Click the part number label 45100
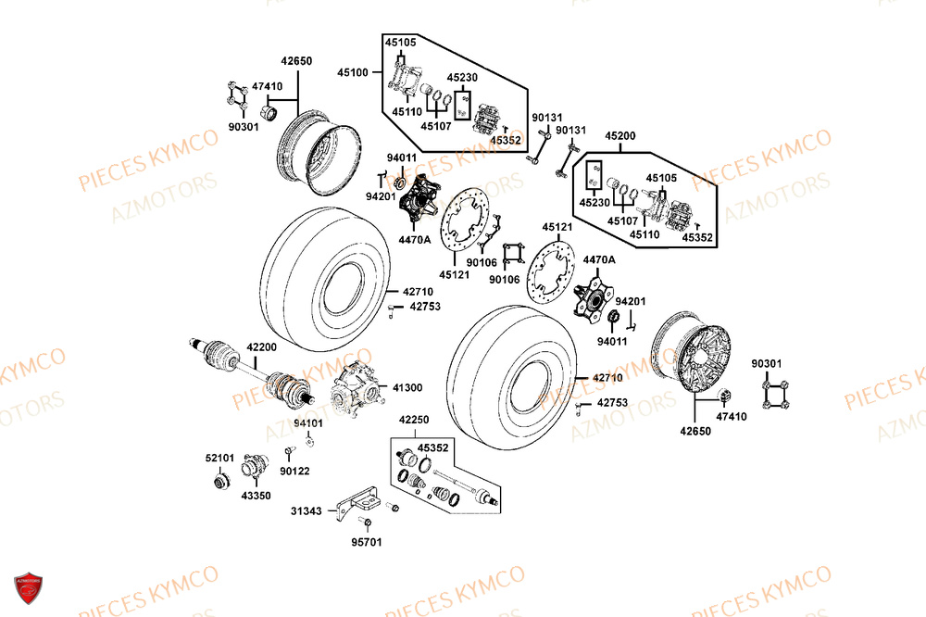tap(352, 71)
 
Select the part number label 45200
tap(620, 136)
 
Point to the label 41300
tap(408, 388)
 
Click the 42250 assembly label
tap(414, 420)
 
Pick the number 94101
tap(308, 423)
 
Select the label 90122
tap(294, 472)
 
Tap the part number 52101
tap(219, 457)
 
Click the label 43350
tap(257, 496)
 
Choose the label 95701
tap(367, 543)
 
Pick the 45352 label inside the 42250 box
tap(432, 448)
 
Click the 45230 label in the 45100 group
tap(462, 78)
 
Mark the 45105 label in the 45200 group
tap(661, 178)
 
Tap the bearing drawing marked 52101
tap(220, 481)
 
